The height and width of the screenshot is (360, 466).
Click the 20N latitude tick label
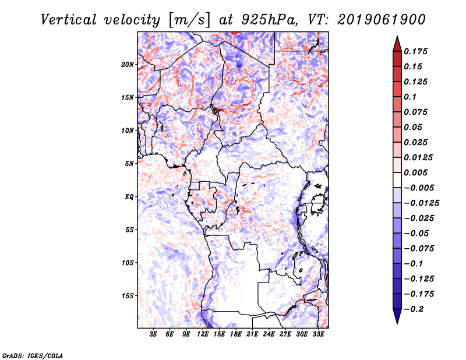coord(128,64)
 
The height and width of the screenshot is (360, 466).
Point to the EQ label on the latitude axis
coord(129,197)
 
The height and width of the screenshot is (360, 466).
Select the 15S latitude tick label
coord(128,296)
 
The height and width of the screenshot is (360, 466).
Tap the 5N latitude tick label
coord(129,164)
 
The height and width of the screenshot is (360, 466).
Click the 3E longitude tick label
coord(154,334)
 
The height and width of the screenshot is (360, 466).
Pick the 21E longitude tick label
coord(252,334)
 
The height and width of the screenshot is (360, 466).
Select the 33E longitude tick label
coord(318,334)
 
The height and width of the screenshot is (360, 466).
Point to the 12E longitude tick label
coord(203,334)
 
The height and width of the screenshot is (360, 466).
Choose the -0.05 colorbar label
coord(418,233)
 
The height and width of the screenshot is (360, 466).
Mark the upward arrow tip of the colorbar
coord(397,38)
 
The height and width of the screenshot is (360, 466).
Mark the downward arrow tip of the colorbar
coord(397,322)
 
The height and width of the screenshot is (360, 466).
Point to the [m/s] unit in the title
coord(188,20)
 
